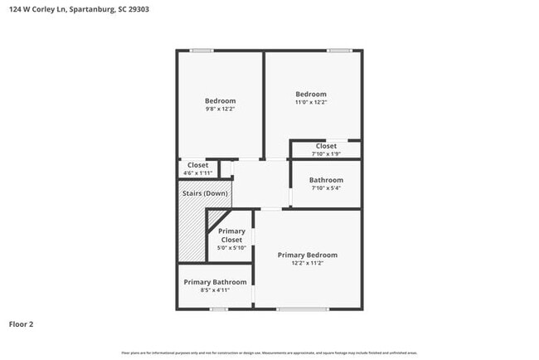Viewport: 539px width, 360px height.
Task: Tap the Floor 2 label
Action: (22, 324)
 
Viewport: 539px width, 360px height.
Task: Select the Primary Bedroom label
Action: (307, 255)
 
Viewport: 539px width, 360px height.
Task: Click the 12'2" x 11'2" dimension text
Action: (307, 264)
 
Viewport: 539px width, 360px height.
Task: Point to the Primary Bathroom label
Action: (215, 282)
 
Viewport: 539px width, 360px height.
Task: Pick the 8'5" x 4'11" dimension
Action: (215, 291)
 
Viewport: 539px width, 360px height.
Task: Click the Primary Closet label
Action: (231, 236)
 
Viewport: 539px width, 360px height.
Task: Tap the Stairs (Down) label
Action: (205, 193)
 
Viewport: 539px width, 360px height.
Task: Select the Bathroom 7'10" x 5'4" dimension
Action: (326, 188)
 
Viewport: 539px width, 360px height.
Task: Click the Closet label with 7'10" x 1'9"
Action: (326, 146)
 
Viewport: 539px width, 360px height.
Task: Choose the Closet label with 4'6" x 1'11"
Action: (197, 165)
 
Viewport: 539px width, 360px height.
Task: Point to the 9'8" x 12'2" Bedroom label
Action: (221, 101)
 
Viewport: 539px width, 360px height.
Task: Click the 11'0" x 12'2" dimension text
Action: (311, 103)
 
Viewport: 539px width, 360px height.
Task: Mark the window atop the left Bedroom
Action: (202, 51)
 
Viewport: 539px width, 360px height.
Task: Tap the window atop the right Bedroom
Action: (339, 51)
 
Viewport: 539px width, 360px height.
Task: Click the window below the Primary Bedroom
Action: (302, 309)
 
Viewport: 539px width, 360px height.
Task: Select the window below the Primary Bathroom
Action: (219, 309)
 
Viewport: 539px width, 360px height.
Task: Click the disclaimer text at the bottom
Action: (269, 353)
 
